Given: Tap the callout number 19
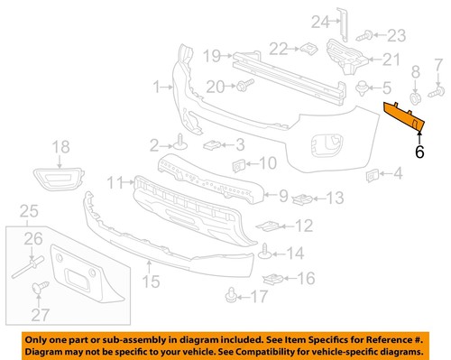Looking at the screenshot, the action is (x=211, y=56).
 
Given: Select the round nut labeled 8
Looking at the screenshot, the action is (x=415, y=97).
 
